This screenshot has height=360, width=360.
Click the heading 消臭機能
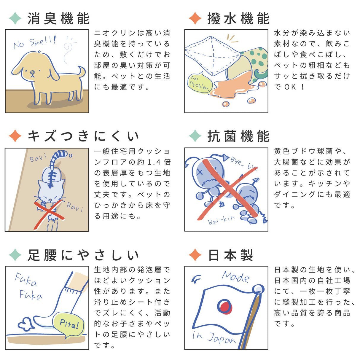tap(58, 18)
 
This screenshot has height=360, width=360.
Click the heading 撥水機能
tap(238, 18)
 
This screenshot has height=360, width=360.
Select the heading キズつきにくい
tap(83, 136)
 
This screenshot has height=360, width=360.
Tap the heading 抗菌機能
tap(238, 136)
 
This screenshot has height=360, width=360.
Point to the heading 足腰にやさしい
tap(83, 255)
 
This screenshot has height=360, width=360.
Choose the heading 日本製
tap(230, 255)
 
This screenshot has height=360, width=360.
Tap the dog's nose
tap(32, 72)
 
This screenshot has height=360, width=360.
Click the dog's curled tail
tap(81, 71)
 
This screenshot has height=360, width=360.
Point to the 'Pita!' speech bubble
tap(69, 324)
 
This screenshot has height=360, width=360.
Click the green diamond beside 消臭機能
tap(15, 18)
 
